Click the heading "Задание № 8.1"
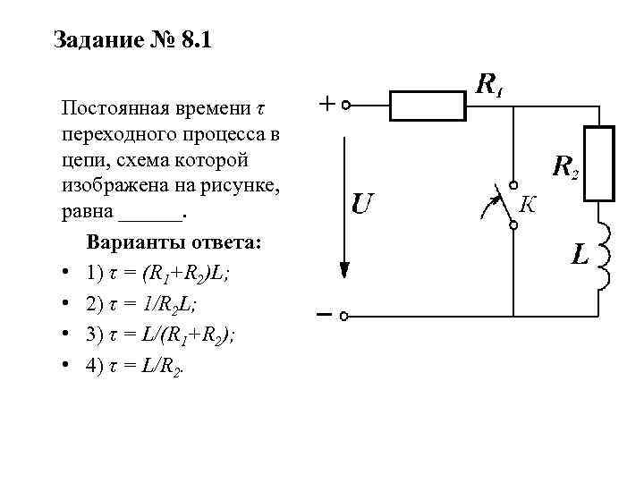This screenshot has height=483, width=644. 131,41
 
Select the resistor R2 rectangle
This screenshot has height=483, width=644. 600,164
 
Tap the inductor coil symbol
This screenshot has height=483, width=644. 606,257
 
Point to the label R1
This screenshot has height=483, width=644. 488,85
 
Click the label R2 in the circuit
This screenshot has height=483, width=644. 564,166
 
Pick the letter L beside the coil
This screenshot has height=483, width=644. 580,256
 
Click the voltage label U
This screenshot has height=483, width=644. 361,205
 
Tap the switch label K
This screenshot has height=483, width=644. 528,206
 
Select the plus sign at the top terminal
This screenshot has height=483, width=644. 328,105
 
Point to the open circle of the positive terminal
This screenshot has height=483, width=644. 346,106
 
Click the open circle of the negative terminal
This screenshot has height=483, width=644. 346,316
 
